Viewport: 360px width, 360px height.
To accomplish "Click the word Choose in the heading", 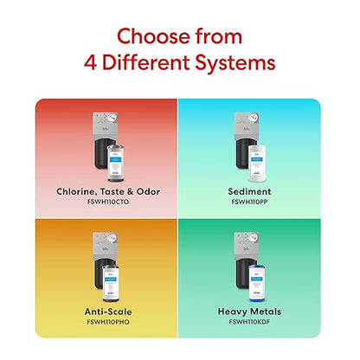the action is (152, 37).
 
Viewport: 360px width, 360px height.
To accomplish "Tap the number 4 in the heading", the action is (90, 63).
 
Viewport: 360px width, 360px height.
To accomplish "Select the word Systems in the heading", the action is (235, 64).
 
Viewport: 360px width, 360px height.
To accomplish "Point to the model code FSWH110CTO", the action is (108, 202).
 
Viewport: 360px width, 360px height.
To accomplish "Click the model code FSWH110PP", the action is (249, 202).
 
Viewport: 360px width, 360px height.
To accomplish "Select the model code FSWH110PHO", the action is (108, 322).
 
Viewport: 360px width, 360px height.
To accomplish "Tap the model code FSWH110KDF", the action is (249, 322).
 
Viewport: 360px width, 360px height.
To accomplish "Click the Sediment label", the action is (249, 191).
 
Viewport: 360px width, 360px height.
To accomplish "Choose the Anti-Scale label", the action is (108, 312).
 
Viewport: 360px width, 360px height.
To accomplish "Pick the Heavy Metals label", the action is (249, 312).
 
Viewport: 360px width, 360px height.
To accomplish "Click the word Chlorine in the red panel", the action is (75, 191).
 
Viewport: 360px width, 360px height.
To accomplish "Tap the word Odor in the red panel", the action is (148, 191).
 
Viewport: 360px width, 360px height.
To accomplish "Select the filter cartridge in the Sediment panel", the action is (257, 164).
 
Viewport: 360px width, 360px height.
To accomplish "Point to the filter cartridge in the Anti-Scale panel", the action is (111, 283).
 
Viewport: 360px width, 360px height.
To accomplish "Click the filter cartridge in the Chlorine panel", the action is (117, 164).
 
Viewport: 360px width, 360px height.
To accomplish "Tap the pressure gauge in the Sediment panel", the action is (254, 117).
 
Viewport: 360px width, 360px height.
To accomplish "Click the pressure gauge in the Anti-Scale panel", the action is (112, 237).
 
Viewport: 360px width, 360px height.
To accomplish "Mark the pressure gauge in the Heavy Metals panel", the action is (254, 237).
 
